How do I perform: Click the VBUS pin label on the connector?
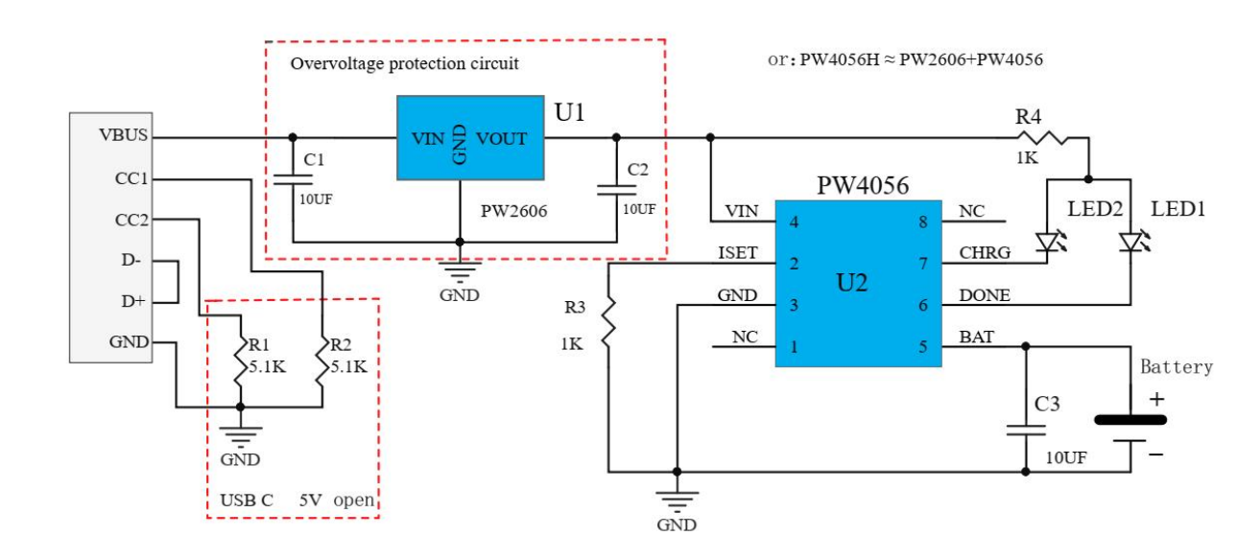(123, 136)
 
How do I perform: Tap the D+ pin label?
(132, 301)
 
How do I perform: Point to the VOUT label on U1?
(501, 139)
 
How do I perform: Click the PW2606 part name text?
(514, 211)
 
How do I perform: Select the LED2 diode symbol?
(1048, 244)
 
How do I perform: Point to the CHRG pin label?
(984, 253)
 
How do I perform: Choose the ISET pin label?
(737, 253)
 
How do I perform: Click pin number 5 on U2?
(924, 347)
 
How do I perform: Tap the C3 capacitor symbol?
(1025, 431)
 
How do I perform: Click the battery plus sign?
(1157, 398)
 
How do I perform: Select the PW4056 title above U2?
(862, 184)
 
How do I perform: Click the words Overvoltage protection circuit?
(404, 64)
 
